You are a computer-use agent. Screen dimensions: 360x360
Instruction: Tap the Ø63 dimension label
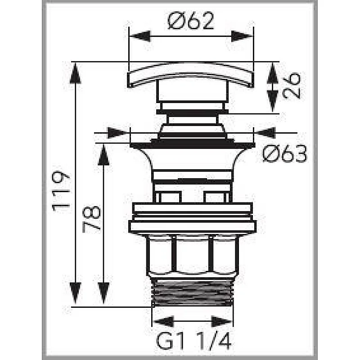pos(284,155)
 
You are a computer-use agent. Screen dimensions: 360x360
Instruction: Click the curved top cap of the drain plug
pos(191,76)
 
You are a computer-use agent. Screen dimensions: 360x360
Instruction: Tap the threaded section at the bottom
pos(192,292)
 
